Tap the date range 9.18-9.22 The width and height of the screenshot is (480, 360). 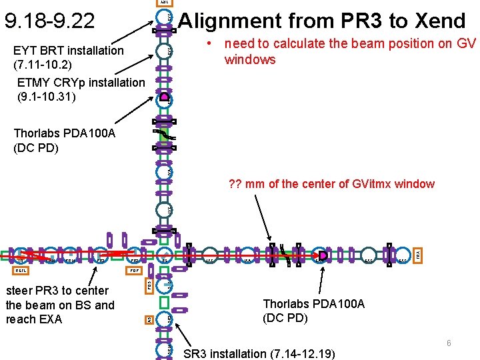(49, 22)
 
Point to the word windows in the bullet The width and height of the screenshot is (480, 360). (250, 60)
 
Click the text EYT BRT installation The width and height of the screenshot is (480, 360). (69, 50)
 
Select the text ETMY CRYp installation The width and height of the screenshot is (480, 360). (81, 82)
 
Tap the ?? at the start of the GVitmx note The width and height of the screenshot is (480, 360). (235, 184)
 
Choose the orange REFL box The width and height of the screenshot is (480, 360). (19, 271)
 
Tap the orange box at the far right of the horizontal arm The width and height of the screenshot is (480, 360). (418, 255)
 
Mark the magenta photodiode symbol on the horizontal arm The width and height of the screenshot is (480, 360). (323, 255)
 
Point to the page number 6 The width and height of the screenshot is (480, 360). (449, 343)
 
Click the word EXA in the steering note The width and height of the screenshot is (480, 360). (50, 319)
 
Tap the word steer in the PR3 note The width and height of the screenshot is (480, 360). (19, 291)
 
